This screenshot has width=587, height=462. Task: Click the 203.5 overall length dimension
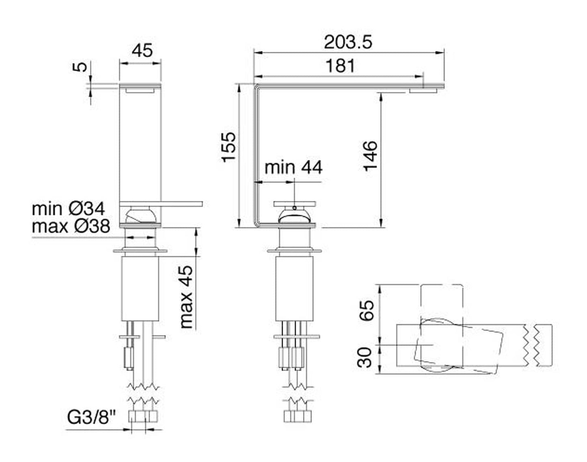pos(348,42)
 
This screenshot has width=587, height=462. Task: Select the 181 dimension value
pos(340,66)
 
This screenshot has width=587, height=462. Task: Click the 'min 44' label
pos(293,167)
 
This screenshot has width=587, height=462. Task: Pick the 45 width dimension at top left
pos(142,50)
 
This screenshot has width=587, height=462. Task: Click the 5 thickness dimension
pos(82,66)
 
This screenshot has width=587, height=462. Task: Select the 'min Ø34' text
pos(68,209)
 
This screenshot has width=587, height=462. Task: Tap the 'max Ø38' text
pos(71,226)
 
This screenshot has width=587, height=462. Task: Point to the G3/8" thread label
pos(91,417)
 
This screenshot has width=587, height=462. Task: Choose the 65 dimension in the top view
pos(366,311)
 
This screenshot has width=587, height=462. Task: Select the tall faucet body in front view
pos(140,142)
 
